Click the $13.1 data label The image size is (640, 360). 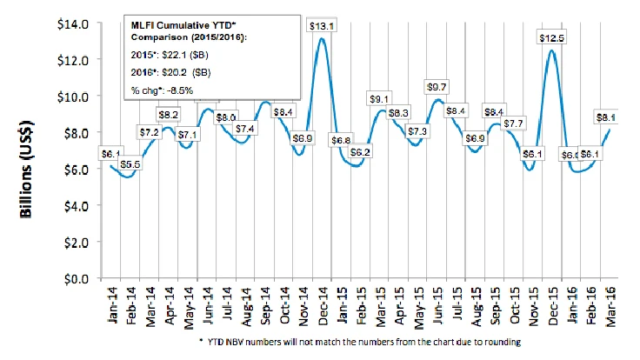323,25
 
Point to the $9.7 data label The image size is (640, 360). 437,88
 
